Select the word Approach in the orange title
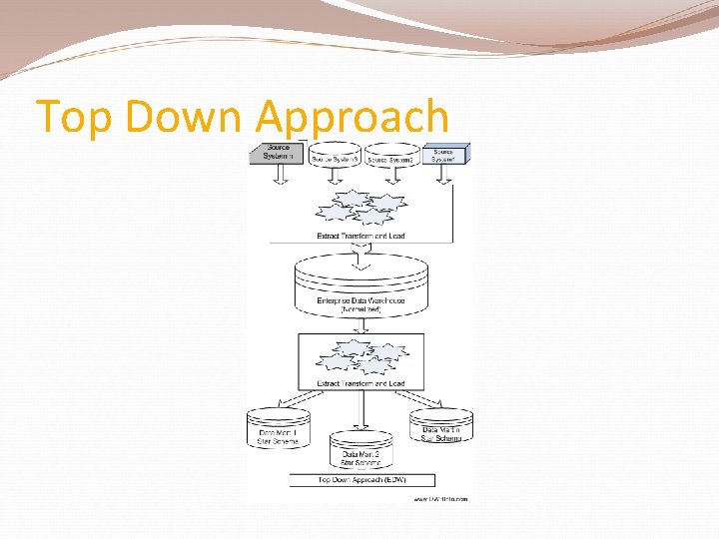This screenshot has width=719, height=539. tap(353, 117)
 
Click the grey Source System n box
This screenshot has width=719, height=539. tap(278, 152)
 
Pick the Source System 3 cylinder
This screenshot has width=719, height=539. tap(335, 155)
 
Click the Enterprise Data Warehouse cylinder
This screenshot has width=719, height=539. tap(360, 288)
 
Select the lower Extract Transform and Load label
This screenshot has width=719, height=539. tap(360, 383)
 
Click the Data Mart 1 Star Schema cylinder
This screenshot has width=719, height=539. tap(279, 429)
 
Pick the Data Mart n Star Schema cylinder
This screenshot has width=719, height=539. tap(441, 427)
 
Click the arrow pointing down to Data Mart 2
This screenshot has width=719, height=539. tap(360, 410)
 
